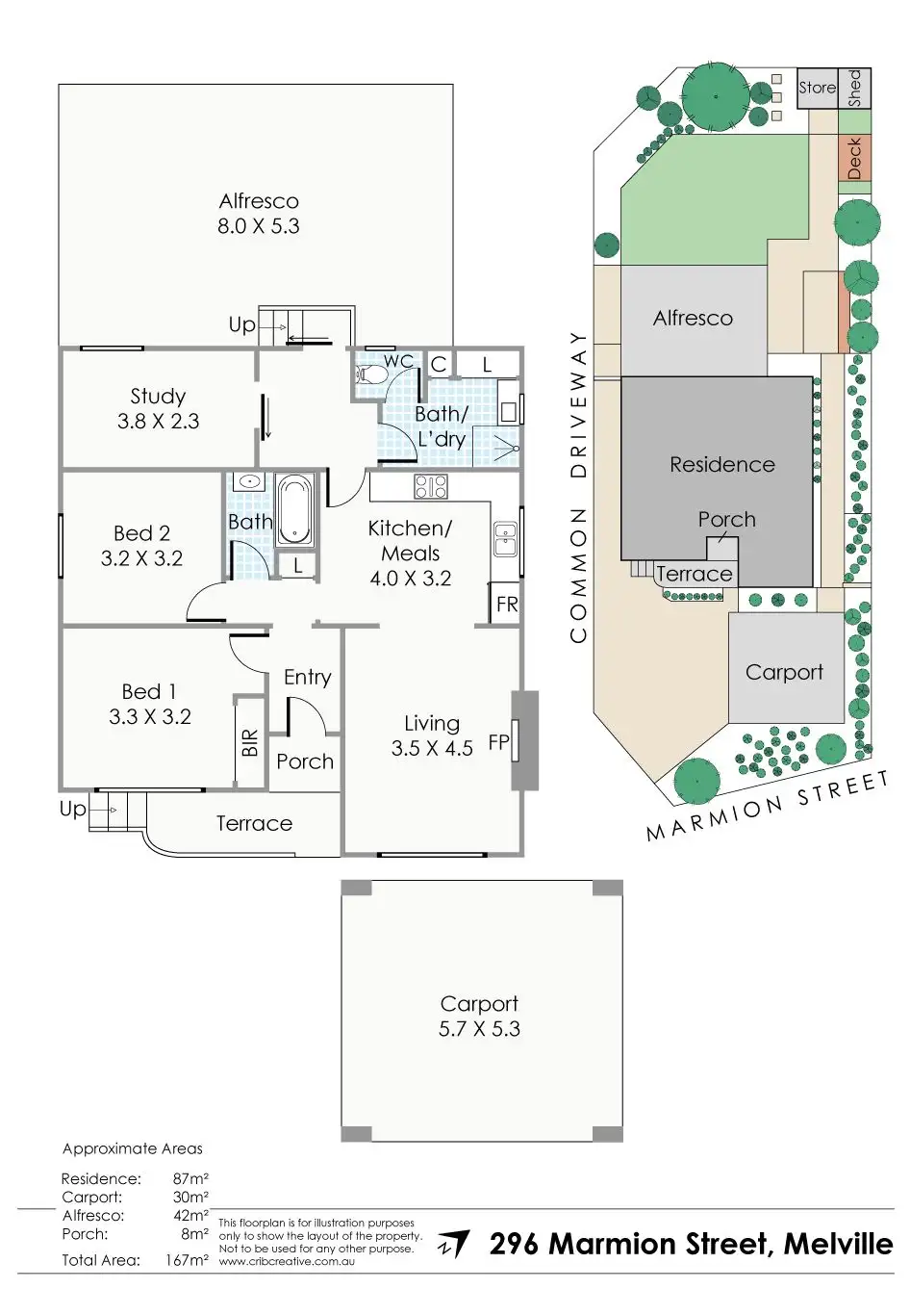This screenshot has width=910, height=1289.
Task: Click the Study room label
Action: click(158, 397)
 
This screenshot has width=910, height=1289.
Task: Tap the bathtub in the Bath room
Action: click(294, 510)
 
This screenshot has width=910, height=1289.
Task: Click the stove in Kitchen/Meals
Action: click(430, 486)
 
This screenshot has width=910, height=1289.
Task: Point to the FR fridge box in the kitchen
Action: click(506, 605)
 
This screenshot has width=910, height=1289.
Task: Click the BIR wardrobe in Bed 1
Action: click(249, 741)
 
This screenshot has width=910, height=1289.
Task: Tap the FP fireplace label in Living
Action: click(497, 742)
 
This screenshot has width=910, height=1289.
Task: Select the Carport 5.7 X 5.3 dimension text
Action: click(479, 1029)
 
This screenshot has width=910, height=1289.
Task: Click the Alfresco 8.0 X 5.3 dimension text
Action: click(259, 226)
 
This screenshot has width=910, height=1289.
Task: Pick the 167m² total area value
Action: click(187, 1260)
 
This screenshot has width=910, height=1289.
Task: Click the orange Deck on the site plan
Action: click(854, 158)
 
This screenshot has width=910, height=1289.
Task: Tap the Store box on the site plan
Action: click(818, 88)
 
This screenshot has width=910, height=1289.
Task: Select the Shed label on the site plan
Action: click(855, 88)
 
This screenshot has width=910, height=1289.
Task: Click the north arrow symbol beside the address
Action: click(454, 1244)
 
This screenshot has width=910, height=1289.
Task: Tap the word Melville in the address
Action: click(838, 1244)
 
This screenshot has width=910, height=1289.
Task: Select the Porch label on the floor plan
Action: click(304, 761)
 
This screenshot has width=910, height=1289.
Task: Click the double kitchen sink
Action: click(505, 540)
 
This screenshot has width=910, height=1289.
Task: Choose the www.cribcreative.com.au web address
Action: click(287, 1261)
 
